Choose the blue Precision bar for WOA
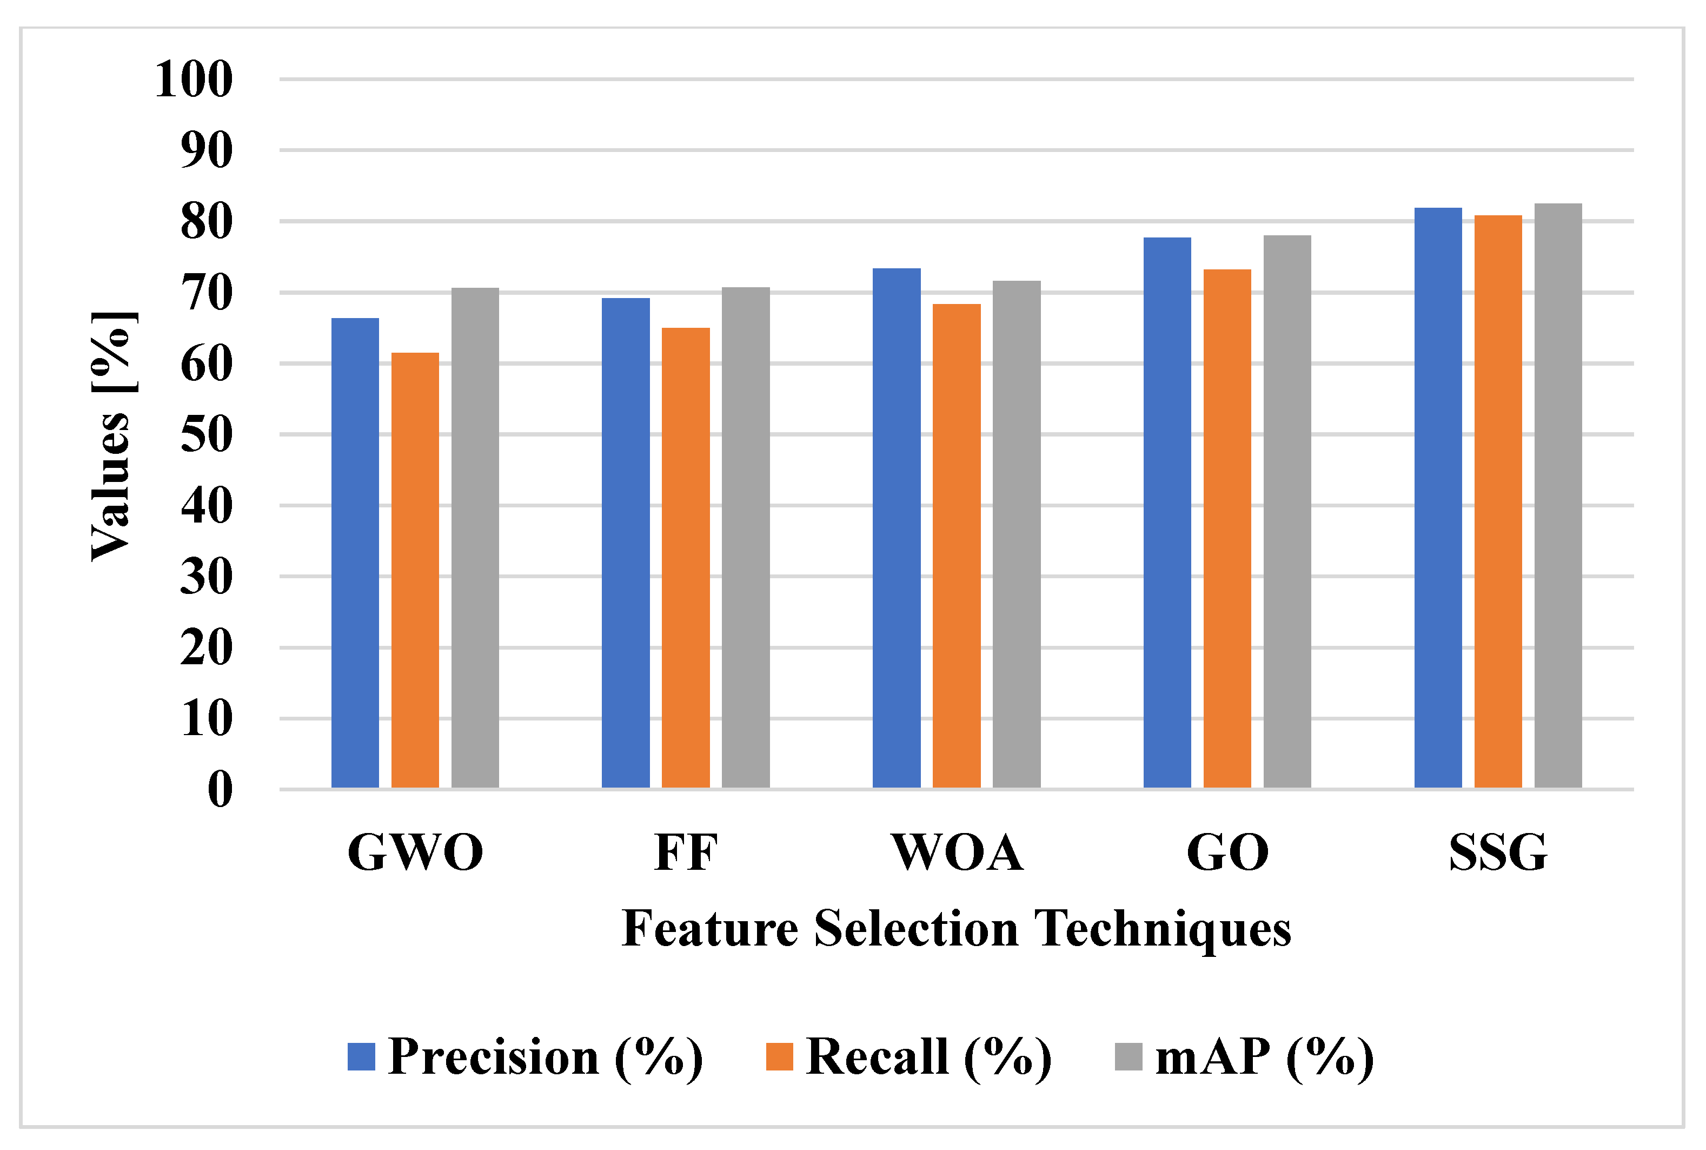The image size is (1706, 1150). pos(896,527)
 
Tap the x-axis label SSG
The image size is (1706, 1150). pos(1498,852)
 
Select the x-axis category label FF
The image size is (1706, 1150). pos(686,852)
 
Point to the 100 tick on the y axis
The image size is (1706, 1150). pos(194,79)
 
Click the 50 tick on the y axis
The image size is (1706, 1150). pos(207,434)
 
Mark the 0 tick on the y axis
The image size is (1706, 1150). pos(220,790)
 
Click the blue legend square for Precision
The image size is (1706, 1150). pos(361,1057)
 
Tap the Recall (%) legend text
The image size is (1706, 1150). pos(928,1057)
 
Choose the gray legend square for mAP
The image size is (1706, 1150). pos(1129,1057)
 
